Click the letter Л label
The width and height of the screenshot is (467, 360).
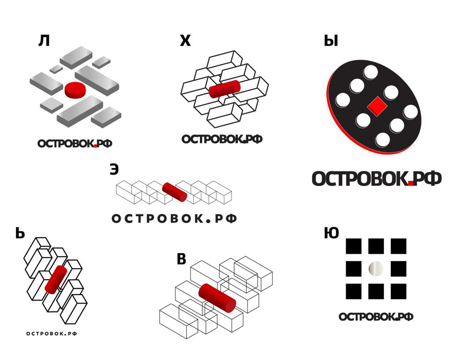(44, 41)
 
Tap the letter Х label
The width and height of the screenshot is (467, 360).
(185, 41)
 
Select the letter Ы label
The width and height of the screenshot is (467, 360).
(331, 41)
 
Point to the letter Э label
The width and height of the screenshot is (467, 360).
(114, 169)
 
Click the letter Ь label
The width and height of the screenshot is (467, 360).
(20, 233)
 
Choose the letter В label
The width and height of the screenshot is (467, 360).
(181, 259)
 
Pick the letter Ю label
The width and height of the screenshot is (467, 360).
(332, 233)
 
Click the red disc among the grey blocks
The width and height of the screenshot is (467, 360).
(75, 89)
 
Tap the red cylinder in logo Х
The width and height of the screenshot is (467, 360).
(224, 89)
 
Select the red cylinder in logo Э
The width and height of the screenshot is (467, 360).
(175, 192)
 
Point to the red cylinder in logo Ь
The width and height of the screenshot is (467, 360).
(56, 280)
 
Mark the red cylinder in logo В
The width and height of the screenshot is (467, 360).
(217, 298)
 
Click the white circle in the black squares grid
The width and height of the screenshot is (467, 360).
(376, 268)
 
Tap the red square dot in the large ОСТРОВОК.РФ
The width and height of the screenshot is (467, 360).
(411, 183)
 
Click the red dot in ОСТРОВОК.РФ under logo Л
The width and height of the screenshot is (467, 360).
(95, 146)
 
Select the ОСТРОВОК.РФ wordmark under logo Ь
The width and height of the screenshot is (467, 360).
(51, 333)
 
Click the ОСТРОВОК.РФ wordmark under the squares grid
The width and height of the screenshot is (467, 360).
(376, 317)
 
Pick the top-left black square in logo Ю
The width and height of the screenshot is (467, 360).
(354, 246)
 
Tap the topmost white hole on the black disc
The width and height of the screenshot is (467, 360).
(370, 72)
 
